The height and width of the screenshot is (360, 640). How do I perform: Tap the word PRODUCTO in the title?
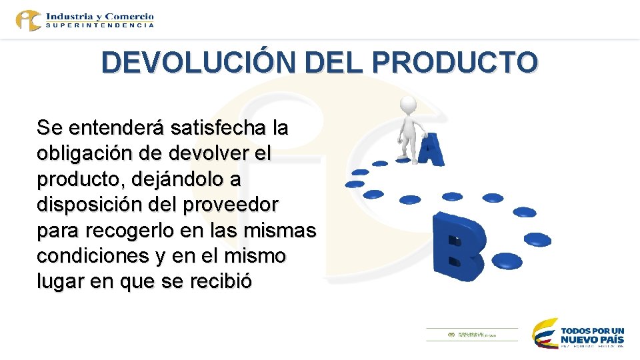pos(455,63)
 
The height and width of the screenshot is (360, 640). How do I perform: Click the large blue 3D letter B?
pos(457,247)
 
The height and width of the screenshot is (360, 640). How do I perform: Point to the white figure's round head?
pos(407,106)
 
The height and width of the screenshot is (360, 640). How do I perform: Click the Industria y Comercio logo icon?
pos(29,19)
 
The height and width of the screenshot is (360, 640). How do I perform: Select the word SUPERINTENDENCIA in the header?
pos(100,25)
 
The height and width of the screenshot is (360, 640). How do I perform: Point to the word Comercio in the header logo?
pos(129,15)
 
